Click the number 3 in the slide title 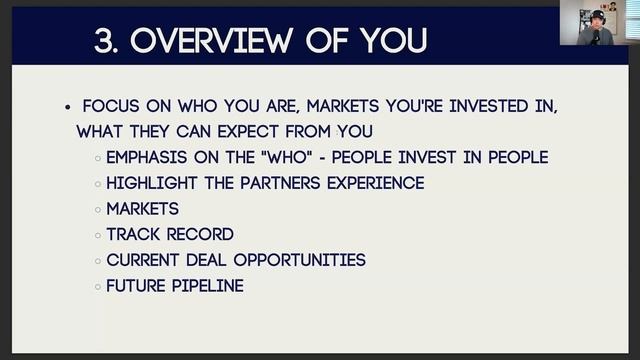coord(104,41)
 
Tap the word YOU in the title coord(394,41)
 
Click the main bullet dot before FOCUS coord(67,106)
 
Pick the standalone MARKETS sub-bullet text coord(143,209)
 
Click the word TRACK coord(133,235)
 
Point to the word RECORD coord(200,235)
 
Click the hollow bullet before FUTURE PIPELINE coord(97,287)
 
